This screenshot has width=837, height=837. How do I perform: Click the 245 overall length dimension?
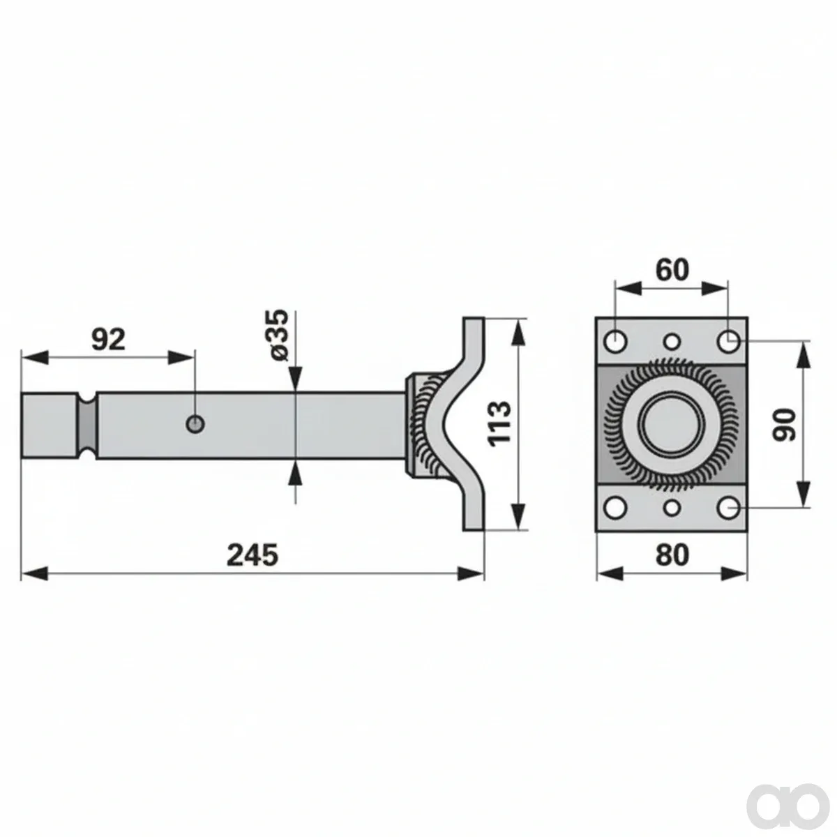[x=252, y=555]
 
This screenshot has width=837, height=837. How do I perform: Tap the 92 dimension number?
[x=109, y=340]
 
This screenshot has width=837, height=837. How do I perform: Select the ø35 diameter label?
[x=278, y=335]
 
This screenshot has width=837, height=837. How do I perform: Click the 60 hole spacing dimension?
[x=672, y=270]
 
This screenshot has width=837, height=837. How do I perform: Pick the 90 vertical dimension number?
[x=786, y=425]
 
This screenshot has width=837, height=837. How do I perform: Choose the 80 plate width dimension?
[x=672, y=555]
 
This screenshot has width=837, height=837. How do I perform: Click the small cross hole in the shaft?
[x=195, y=423]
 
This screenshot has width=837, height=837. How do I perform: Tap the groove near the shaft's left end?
[x=88, y=425]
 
